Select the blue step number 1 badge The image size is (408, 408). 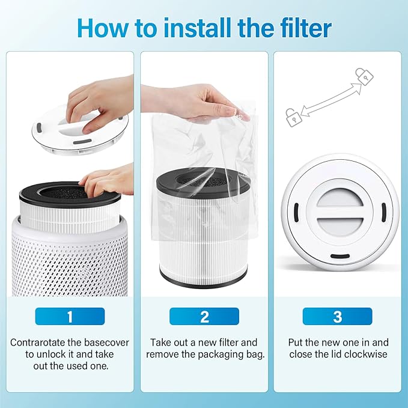pyautogui.click(x=70, y=316)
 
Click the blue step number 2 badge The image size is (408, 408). pyautogui.click(x=204, y=316)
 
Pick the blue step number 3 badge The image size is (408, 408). pyautogui.click(x=337, y=316)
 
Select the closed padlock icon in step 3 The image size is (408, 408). pyautogui.click(x=364, y=76)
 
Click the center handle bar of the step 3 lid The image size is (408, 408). pyautogui.click(x=339, y=212)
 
